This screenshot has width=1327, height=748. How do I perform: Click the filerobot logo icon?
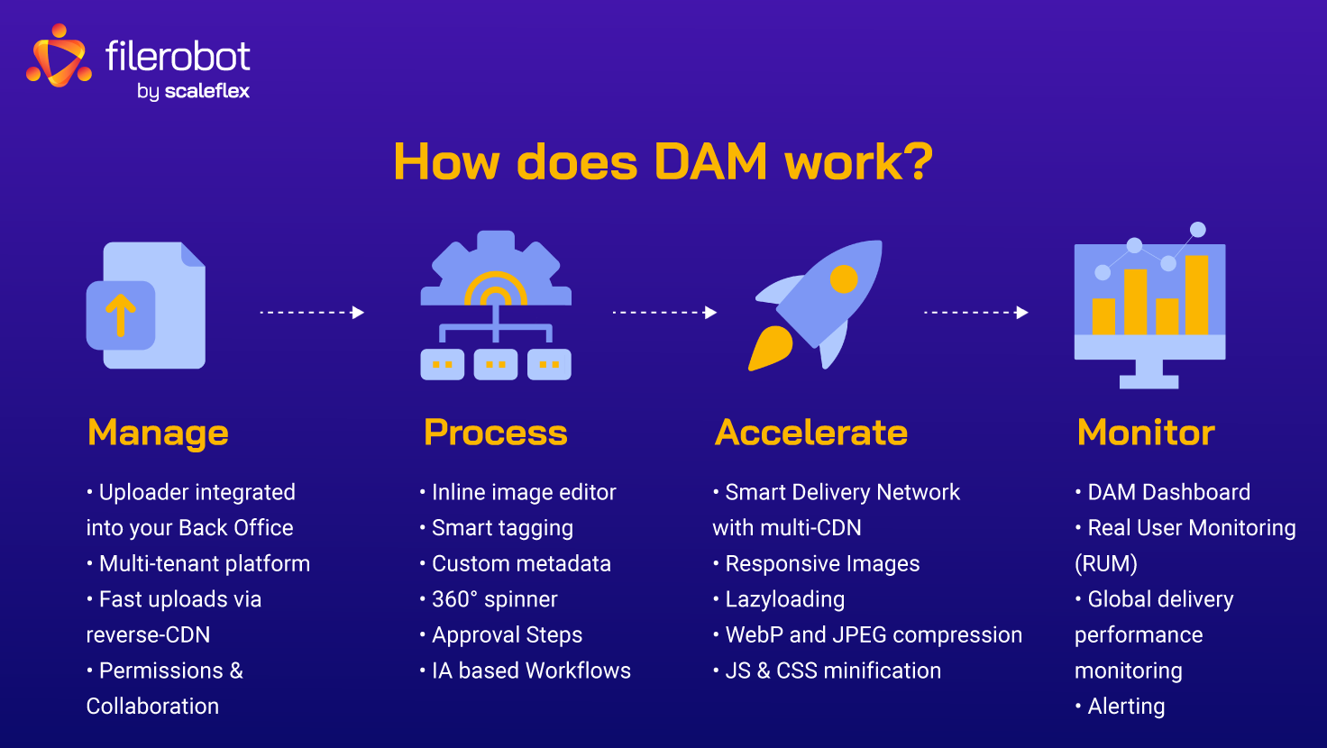[59, 58]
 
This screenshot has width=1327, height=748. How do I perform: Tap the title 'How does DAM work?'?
[663, 163]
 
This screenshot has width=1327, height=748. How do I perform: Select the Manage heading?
[158, 433]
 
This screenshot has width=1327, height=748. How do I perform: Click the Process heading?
[496, 433]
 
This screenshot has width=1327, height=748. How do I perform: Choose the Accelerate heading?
[811, 433]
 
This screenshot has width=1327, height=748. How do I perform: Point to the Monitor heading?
[1146, 433]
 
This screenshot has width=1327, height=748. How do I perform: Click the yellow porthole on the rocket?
[844, 279]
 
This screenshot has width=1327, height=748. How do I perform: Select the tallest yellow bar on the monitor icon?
[1196, 295]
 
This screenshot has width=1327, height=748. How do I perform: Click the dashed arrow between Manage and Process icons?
[312, 313]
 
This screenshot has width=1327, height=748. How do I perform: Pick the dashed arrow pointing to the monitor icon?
[976, 313]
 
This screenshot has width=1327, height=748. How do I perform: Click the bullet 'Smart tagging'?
[502, 528]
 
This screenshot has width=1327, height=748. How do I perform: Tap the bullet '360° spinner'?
[494, 599]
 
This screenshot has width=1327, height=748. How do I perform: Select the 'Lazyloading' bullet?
[784, 599]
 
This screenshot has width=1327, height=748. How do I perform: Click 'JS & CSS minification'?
[833, 670]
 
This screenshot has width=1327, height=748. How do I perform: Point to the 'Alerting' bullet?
[1126, 707]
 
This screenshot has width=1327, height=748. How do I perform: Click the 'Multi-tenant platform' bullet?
[204, 564]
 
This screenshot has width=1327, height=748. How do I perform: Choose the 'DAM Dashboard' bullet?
[1168, 492]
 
